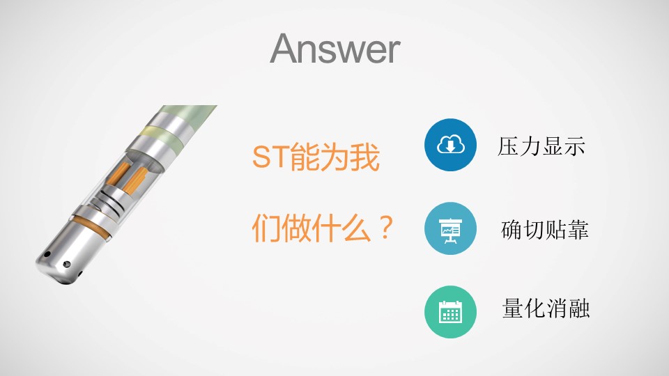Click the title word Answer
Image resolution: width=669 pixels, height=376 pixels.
[x=335, y=49]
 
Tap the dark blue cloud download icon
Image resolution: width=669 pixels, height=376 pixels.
[x=450, y=145]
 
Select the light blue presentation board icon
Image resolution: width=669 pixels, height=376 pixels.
[x=450, y=228]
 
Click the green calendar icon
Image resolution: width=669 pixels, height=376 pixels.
[x=450, y=312]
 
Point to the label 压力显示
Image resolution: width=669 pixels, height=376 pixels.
[x=541, y=146]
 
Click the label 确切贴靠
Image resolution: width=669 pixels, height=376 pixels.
[x=545, y=230]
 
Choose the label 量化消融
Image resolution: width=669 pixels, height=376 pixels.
[x=546, y=308]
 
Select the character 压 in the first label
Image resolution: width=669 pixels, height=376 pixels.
[x=508, y=146]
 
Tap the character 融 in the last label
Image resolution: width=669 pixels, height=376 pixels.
[x=579, y=308]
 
